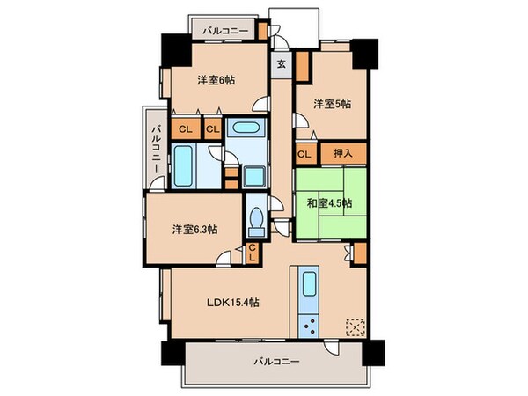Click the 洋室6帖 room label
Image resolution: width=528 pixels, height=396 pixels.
pos(216,81)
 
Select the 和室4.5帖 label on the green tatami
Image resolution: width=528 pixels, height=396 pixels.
pos(330,202)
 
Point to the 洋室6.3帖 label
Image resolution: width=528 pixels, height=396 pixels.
pos(195,231)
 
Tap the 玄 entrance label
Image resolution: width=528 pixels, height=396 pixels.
pos(280,63)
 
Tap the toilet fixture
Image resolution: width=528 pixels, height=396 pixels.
pos(257,220)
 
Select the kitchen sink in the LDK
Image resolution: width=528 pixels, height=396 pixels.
pos(310,286)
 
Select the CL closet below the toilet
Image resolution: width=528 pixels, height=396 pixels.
pos(252,253)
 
